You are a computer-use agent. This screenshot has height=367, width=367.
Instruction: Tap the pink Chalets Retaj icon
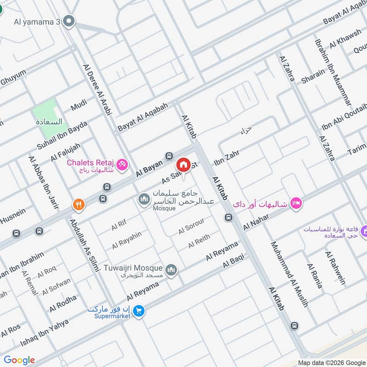point(122,163)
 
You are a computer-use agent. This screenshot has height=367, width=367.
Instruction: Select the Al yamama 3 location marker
point(69,21)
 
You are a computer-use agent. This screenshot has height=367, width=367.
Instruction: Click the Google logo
point(19,360)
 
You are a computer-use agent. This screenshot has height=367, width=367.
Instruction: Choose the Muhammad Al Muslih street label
point(289,274)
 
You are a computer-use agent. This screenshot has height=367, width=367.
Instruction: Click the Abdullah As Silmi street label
point(84,245)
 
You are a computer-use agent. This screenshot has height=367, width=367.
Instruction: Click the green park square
point(48,112)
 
